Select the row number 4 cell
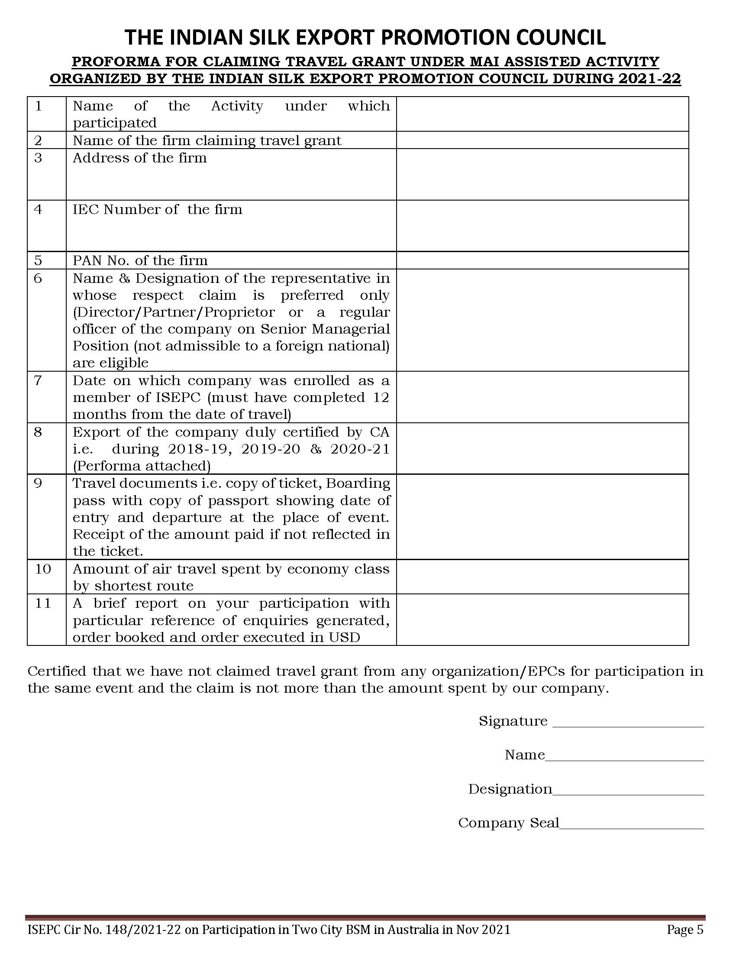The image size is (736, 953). (39, 210)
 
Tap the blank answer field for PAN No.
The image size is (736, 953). (542, 260)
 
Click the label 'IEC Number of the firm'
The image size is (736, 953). (158, 210)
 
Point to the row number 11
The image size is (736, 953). (43, 603)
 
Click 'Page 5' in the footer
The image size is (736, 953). (685, 930)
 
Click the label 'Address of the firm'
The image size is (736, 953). (139, 158)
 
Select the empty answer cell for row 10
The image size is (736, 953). (542, 577)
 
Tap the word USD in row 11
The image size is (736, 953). (345, 638)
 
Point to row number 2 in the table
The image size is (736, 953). (39, 140)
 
